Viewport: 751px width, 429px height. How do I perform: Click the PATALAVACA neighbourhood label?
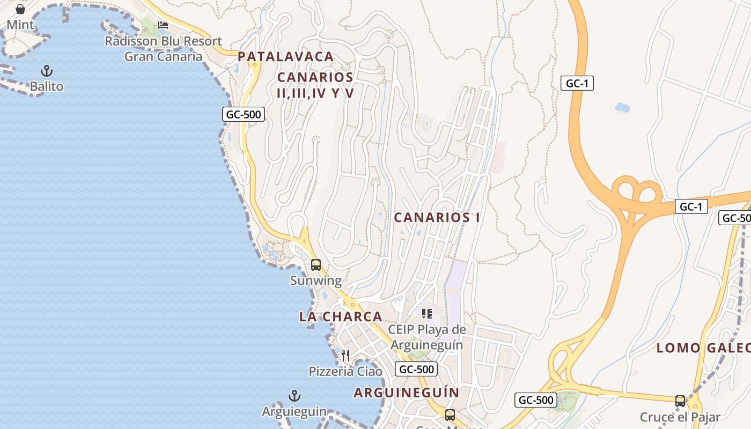(285, 56)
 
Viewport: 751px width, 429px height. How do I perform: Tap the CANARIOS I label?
(437, 217)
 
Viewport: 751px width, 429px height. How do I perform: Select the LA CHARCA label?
(341, 316)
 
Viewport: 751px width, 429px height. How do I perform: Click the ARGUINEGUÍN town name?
(407, 393)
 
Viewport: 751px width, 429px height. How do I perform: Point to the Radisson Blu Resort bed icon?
(163, 25)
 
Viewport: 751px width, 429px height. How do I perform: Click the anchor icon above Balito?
(47, 71)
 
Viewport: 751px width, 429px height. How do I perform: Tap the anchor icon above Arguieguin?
(294, 396)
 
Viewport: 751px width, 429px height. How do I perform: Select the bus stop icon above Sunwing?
(316, 265)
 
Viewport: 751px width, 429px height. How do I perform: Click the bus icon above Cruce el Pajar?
(680, 401)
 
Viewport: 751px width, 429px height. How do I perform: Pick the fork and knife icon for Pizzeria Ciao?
(345, 356)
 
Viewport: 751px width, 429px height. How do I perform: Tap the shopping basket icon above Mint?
(20, 9)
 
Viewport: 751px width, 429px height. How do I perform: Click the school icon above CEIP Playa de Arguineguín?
(426, 314)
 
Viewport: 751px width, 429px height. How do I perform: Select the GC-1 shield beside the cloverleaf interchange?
(691, 206)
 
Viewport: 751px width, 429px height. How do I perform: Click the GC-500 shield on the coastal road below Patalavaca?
(244, 114)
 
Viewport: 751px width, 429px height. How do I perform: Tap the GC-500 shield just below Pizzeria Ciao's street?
(416, 369)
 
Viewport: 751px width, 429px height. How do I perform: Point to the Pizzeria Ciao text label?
(345, 372)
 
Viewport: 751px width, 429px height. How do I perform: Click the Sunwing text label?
(315, 280)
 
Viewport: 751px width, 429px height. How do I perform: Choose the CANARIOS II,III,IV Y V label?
(315, 85)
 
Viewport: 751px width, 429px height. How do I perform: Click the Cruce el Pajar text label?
(680, 417)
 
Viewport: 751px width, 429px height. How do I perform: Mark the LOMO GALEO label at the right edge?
(703, 348)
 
